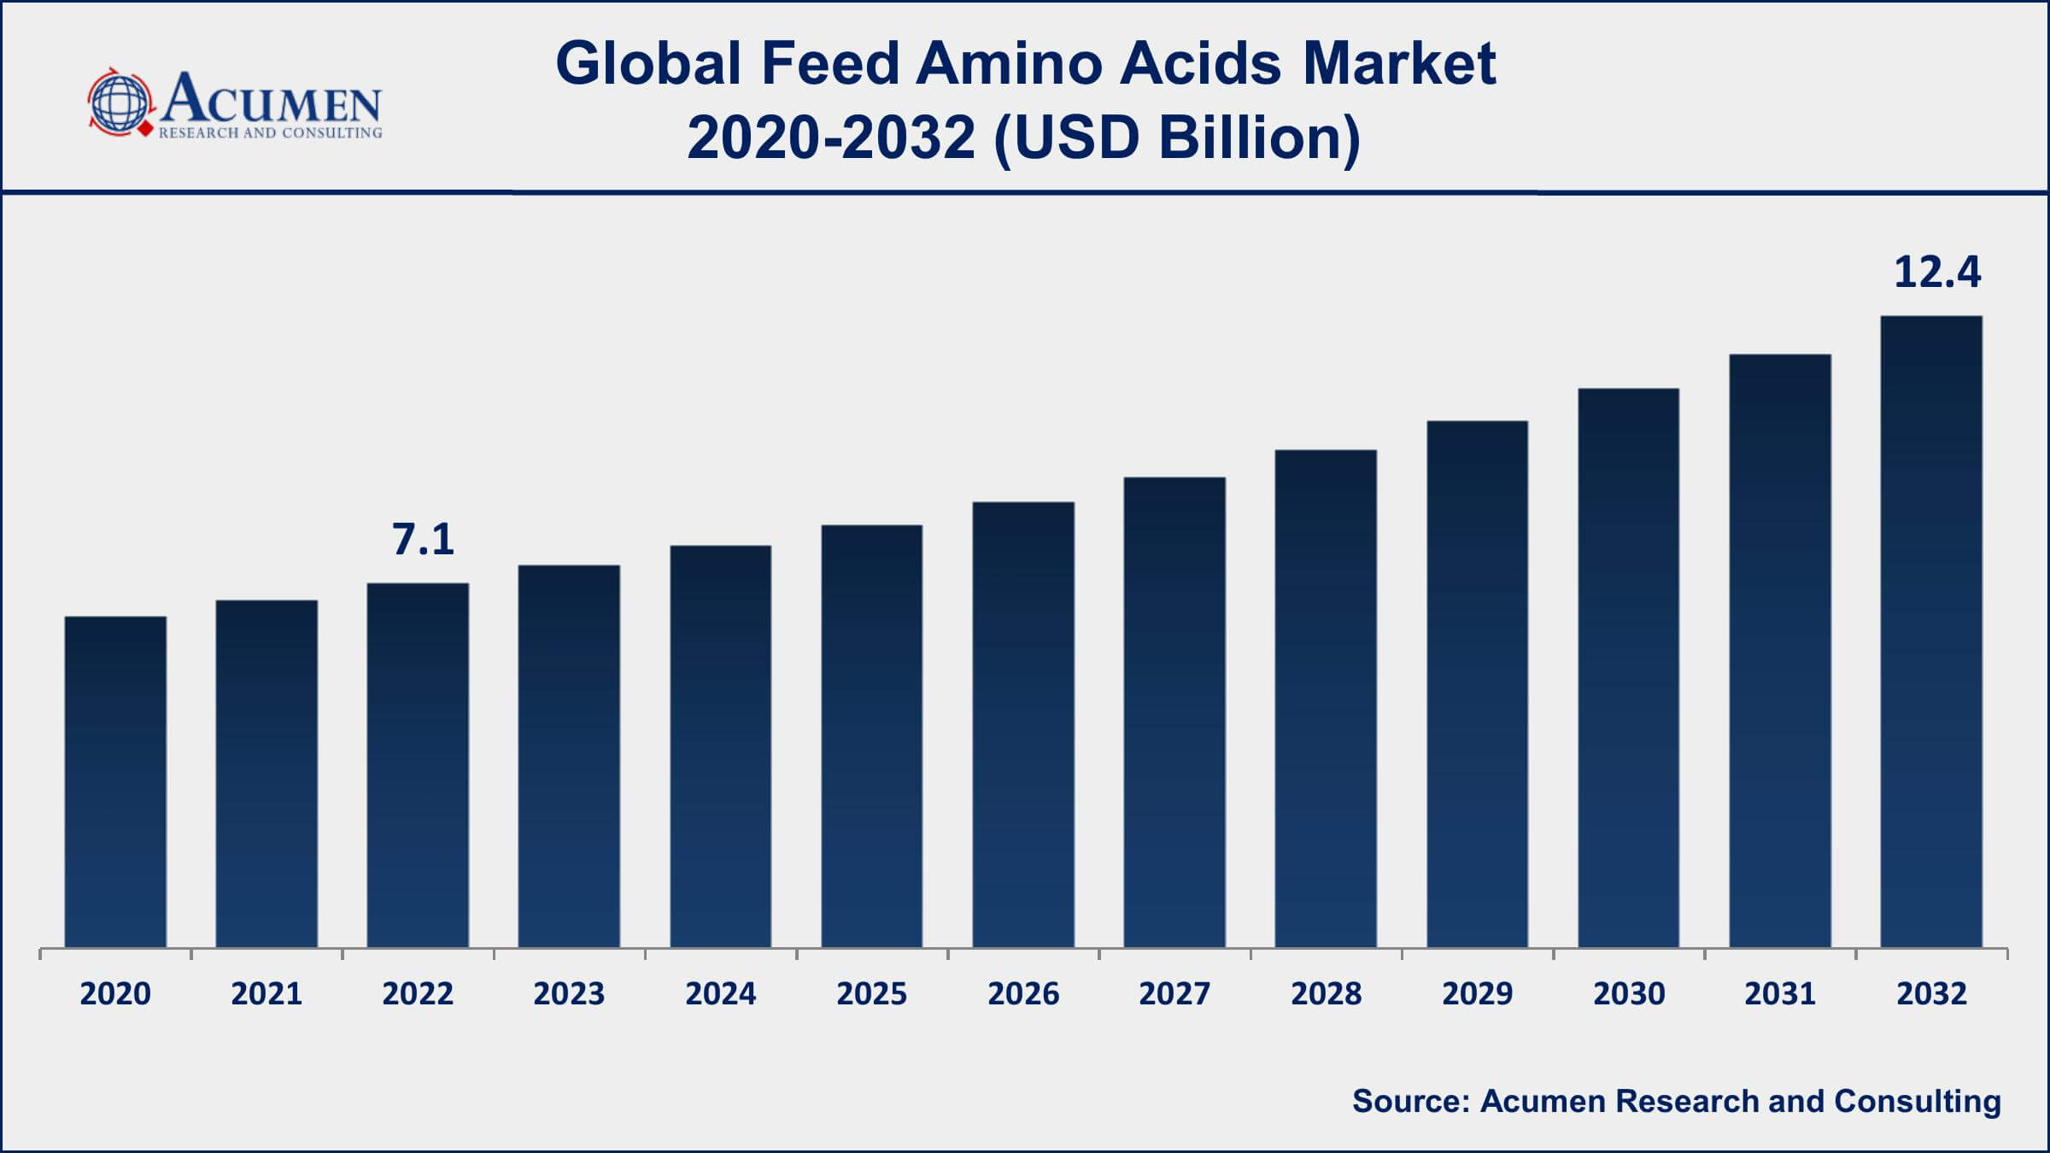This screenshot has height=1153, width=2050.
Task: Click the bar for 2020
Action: [x=115, y=781]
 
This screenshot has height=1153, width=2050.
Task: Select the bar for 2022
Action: [x=418, y=764]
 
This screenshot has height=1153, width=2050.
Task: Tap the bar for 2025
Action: [x=872, y=735]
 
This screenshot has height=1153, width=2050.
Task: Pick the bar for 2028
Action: [x=1326, y=698]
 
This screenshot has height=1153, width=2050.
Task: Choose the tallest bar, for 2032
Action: [x=1931, y=631]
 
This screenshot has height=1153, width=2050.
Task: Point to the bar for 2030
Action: [x=1629, y=667]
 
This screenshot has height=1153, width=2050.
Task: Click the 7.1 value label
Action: [x=423, y=540]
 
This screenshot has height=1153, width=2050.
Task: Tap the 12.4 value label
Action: [x=1936, y=272]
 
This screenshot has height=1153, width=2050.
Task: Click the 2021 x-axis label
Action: [x=266, y=994]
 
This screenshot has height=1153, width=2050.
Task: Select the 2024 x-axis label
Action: [x=720, y=994]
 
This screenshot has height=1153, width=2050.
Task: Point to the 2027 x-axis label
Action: [x=1174, y=994]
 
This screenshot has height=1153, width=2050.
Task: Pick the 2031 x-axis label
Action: [x=1780, y=994]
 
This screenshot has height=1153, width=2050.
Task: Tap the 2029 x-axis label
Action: [x=1477, y=994]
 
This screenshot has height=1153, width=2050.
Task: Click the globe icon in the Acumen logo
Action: [x=120, y=102]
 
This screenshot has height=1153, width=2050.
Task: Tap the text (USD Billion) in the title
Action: [x=1177, y=138]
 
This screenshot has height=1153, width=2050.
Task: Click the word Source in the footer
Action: [x=1409, y=1102]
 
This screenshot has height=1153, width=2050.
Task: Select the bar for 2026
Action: [x=1023, y=724]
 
